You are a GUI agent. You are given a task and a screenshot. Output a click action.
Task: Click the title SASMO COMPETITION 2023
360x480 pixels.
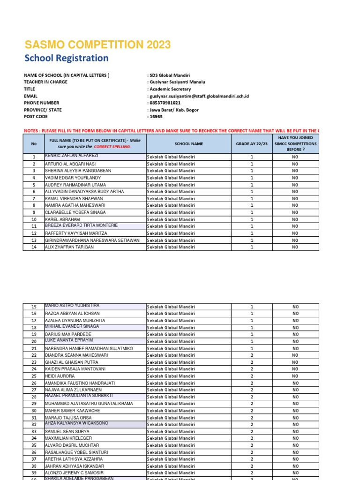click(x=97, y=45)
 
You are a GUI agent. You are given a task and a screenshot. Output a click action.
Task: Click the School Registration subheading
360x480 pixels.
click(x=66, y=58)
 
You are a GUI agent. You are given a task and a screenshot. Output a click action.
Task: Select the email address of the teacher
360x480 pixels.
click(x=199, y=96)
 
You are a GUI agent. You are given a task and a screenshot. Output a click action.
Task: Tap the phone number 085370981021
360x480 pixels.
click(x=165, y=103)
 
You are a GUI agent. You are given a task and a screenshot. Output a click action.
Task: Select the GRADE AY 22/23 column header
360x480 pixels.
click(x=251, y=144)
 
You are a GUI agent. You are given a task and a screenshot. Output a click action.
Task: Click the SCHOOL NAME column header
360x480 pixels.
click(x=188, y=144)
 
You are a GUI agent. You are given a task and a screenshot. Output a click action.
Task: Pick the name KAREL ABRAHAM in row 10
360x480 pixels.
click(x=62, y=219)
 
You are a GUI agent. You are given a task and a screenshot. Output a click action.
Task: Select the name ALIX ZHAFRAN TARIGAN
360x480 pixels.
click(x=69, y=247)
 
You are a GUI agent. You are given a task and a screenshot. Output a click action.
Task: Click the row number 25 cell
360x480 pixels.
click(x=34, y=376)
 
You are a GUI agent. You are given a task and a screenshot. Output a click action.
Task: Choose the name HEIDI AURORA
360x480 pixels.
click(x=60, y=376)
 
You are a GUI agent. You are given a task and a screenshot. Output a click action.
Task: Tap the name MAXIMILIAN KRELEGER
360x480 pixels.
click(x=68, y=438)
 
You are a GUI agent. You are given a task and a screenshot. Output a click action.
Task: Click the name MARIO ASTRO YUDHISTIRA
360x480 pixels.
click(x=72, y=305)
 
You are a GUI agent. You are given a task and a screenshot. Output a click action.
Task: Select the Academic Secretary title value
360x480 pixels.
click(x=170, y=89)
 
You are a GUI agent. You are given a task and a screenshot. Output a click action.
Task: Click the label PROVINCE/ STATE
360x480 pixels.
click(x=43, y=110)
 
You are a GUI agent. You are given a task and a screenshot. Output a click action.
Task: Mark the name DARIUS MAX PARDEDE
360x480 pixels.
click(x=68, y=334)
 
